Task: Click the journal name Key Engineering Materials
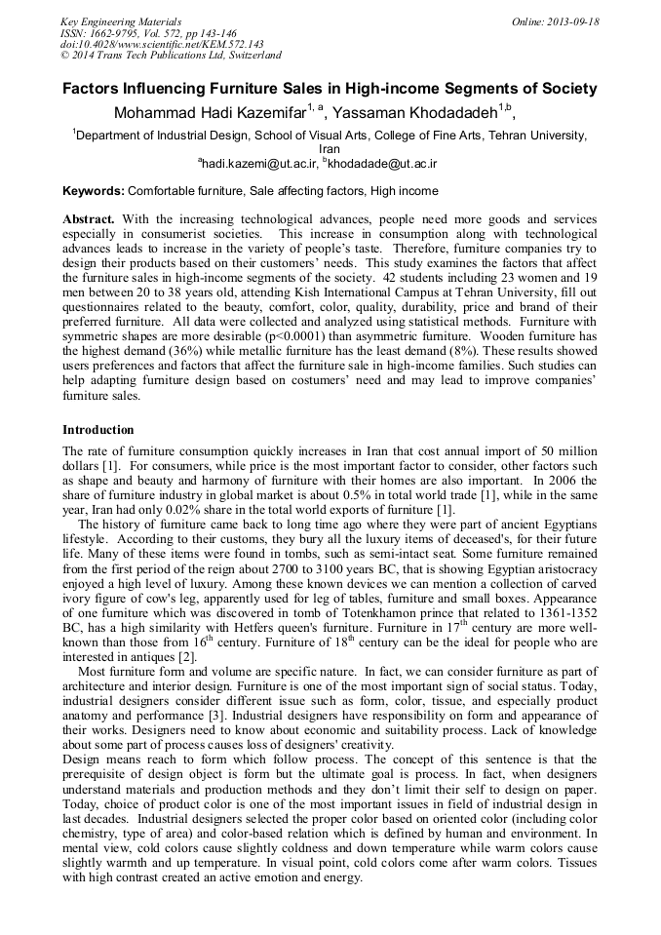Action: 120,20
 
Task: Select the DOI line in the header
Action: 162,44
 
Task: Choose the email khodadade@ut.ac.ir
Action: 383,164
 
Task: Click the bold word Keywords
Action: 94,191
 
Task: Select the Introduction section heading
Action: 98,430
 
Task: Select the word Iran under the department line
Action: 330,150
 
